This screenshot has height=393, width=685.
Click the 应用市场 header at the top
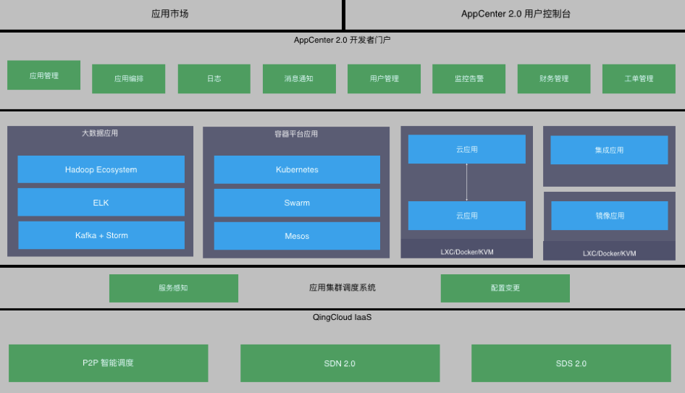tap(170, 14)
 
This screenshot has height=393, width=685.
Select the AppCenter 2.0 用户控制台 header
tap(516, 14)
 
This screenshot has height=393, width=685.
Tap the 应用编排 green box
tap(128, 79)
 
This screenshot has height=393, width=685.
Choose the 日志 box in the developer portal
tap(214, 79)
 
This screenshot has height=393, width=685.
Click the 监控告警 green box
tap(468, 79)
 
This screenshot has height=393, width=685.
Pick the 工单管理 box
tap(638, 79)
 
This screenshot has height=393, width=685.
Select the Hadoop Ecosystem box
tap(101, 169)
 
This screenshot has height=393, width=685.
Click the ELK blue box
tap(101, 203)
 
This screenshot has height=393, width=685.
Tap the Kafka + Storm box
tap(101, 235)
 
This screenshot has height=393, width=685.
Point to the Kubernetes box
tap(297, 169)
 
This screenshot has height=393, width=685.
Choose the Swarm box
tap(297, 203)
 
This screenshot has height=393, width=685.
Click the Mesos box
tap(297, 236)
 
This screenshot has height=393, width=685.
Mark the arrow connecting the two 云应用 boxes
tap(466, 182)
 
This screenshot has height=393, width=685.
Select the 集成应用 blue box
tap(609, 151)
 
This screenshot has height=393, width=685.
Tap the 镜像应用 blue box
tap(609, 216)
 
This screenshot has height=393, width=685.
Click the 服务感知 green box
tap(173, 288)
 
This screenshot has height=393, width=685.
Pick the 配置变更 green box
tap(505, 288)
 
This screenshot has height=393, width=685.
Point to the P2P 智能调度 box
tap(108, 363)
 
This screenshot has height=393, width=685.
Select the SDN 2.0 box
tap(340, 363)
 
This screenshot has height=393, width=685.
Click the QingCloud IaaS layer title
tap(342, 317)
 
